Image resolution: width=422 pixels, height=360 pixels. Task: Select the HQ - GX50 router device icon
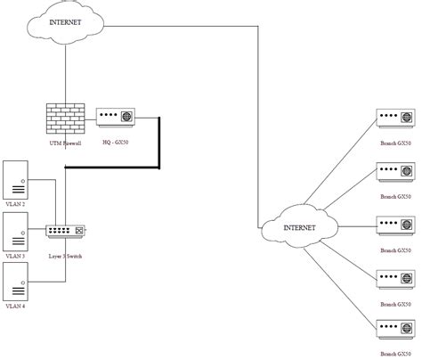coord(115,118)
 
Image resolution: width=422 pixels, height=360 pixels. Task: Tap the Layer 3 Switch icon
coord(66,231)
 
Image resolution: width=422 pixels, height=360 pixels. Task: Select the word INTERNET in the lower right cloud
coord(299,228)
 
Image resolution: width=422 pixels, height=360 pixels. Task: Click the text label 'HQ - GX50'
coord(115,143)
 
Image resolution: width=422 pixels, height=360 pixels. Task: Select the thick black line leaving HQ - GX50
coord(158,143)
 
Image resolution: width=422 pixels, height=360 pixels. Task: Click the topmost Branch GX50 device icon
coord(395,119)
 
